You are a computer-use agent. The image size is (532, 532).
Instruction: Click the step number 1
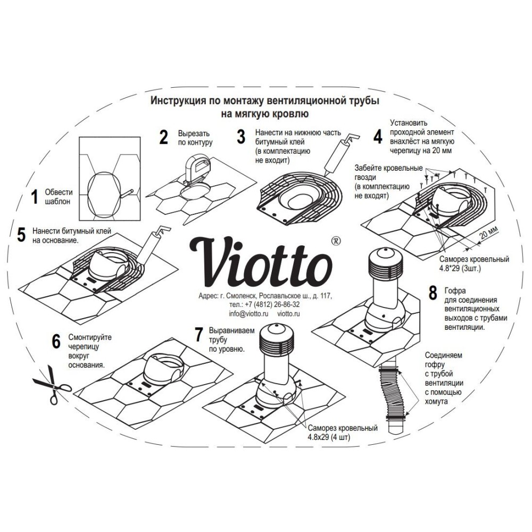click(35, 197)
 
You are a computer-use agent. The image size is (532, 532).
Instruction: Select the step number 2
click(164, 137)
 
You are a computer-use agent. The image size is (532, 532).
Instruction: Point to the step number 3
click(241, 137)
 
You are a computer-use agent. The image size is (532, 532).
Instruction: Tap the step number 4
click(377, 137)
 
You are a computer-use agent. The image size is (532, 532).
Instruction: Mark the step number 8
click(432, 292)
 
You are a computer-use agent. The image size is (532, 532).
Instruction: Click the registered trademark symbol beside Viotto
click(335, 240)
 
